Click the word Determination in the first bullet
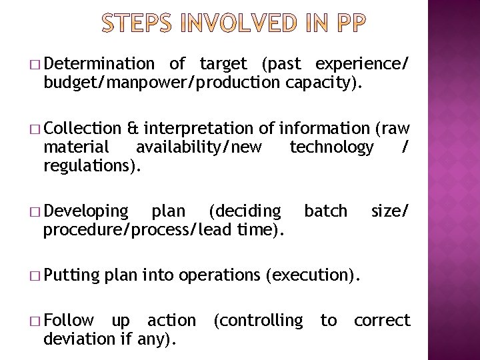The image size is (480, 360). pyautogui.click(x=99, y=64)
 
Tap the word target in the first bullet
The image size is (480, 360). pyautogui.click(x=223, y=64)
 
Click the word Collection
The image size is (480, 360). pyautogui.click(x=85, y=128)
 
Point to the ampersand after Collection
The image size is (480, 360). pyautogui.click(x=133, y=128)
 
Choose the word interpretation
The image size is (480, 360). pyautogui.click(x=198, y=128)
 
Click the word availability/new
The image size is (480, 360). pyautogui.click(x=199, y=147)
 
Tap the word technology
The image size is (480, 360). pyautogui.click(x=331, y=147)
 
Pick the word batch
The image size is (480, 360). pyautogui.click(x=325, y=211)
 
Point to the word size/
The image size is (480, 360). pyautogui.click(x=390, y=211)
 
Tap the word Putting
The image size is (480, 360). pyautogui.click(x=71, y=275)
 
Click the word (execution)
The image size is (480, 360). pyautogui.click(x=315, y=275)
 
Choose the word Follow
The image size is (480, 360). pyautogui.click(x=69, y=321)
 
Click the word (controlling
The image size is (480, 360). pyautogui.click(x=257, y=321)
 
